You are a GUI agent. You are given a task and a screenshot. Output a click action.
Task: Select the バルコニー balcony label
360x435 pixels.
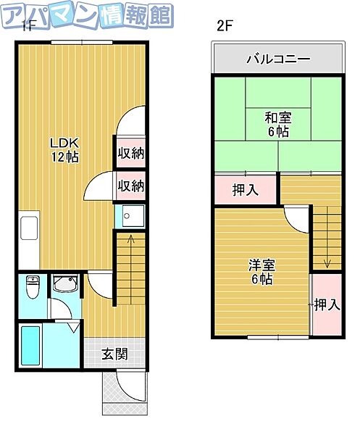coord(277,59)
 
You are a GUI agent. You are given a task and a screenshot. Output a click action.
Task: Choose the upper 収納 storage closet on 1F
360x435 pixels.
coord(130,153)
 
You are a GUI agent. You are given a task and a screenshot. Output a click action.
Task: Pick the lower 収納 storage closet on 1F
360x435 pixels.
coord(130,186)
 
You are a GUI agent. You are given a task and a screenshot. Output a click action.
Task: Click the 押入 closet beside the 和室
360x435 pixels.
coord(245,191)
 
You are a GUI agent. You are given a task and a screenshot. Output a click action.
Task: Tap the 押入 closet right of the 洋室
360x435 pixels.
coord(326,305)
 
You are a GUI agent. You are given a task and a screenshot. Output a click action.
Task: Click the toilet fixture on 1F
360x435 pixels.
coord(32,289)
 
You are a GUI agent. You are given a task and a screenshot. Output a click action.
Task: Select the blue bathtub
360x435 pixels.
coord(30,348)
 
